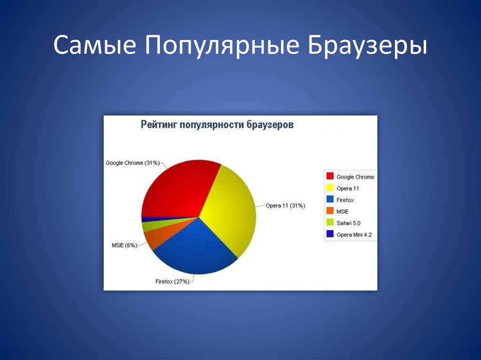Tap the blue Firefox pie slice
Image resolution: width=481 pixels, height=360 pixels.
click(196, 248)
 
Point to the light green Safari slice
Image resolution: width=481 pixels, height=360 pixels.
click(154, 225)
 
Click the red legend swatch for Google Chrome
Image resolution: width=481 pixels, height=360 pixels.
click(330, 176)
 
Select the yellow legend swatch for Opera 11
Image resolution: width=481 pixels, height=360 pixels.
click(330, 188)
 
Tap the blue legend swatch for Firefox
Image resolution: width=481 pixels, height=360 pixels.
click(330, 199)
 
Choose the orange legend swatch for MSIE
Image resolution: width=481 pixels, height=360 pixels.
click(330, 211)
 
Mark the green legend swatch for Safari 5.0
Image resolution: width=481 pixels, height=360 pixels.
click(330, 222)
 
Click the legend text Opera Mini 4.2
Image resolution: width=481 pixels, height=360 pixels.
click(354, 235)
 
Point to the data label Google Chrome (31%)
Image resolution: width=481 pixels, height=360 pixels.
click(133, 163)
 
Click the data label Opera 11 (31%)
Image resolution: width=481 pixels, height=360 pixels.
click(285, 206)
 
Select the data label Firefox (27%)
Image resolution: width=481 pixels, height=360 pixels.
click(172, 282)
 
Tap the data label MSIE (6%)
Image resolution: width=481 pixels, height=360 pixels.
click(124, 245)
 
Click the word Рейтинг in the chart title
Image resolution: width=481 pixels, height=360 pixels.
click(159, 124)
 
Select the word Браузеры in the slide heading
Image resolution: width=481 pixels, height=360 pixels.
click(367, 46)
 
